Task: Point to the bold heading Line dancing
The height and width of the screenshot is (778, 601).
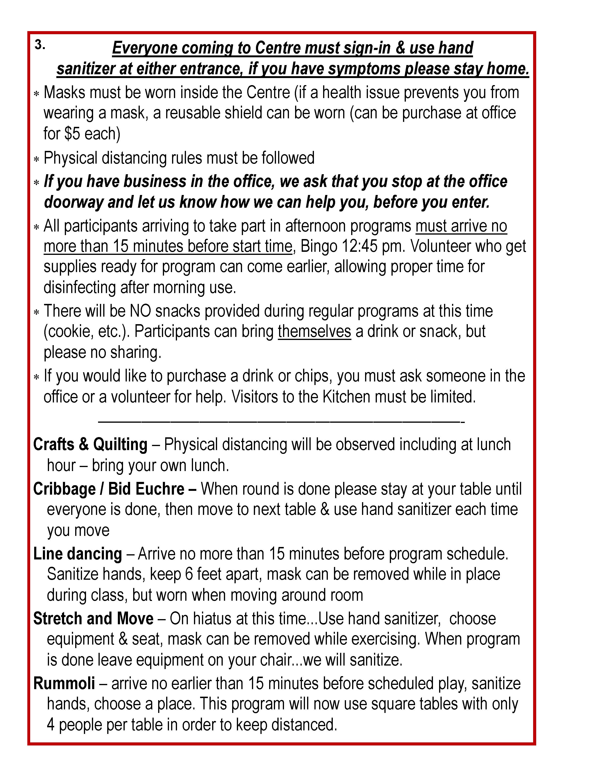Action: [x=78, y=554]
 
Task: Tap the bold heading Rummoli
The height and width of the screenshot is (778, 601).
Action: [x=64, y=683]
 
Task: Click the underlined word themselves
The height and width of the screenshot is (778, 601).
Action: [x=314, y=331]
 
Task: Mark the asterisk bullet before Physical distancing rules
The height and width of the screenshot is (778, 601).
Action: [x=36, y=159]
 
